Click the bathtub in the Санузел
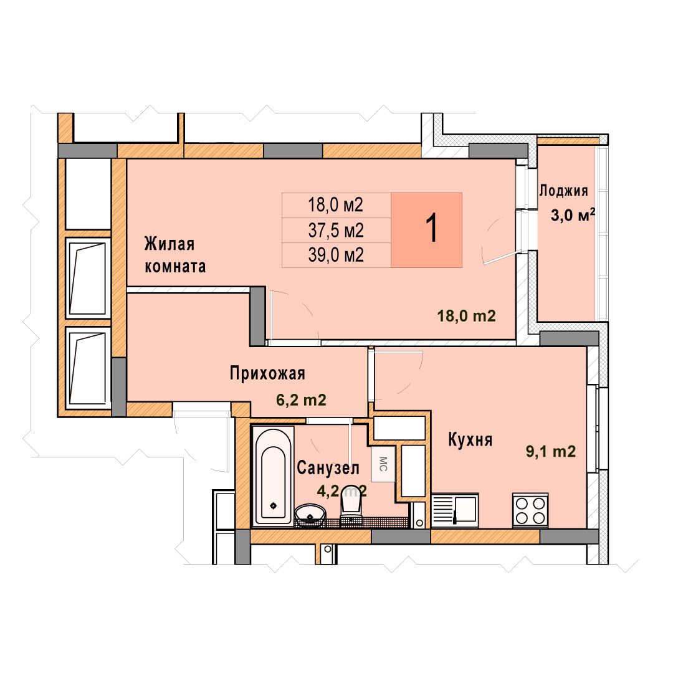tap(273, 475)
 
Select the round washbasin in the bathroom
tap(310, 514)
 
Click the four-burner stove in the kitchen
tap(530, 510)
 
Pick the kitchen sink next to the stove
tap(455, 510)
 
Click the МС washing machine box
tap(383, 464)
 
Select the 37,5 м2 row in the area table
tap(336, 231)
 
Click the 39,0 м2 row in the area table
tap(336, 255)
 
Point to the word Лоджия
tap(563, 191)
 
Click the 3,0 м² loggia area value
tap(573, 214)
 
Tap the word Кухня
tap(470, 439)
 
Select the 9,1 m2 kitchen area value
tap(551, 452)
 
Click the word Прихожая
tap(267, 373)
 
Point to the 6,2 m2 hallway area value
tap(301, 400)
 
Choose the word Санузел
tap(328, 468)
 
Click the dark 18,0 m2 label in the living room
tap(466, 317)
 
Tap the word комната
tap(175, 267)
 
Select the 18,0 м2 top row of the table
tap(336, 205)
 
